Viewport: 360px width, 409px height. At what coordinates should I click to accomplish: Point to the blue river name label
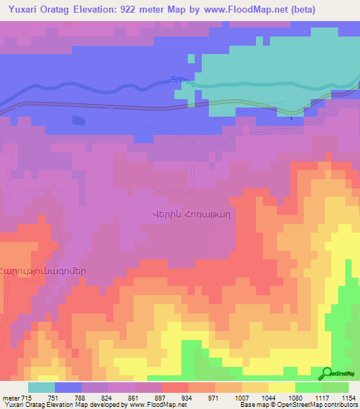click(x=181, y=81)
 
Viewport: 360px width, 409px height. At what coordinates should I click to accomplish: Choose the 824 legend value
click(x=107, y=398)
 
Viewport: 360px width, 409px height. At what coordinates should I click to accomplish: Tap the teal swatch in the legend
click(x=41, y=387)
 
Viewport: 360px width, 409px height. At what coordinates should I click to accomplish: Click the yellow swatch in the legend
click(x=281, y=387)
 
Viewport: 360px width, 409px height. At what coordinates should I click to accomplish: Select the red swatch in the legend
click(x=174, y=387)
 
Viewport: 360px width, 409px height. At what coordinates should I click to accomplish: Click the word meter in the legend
click(x=10, y=398)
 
